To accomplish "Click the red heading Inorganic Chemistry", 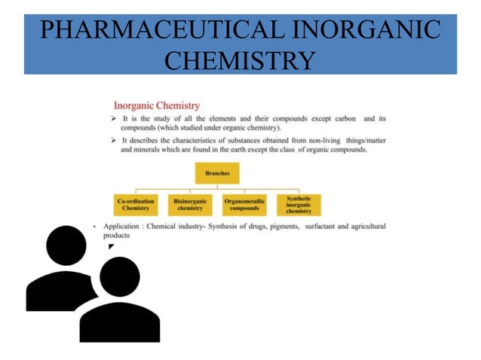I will click(x=156, y=106).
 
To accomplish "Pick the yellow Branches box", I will click(x=217, y=173).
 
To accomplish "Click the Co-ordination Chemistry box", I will click(x=136, y=204).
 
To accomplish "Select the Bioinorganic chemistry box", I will click(x=189, y=204).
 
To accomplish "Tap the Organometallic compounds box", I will click(x=244, y=204).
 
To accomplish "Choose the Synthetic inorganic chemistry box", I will click(x=299, y=204).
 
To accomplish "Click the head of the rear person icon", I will click(x=66, y=245).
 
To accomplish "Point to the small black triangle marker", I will click(x=110, y=246).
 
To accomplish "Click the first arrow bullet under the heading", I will click(x=114, y=119).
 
